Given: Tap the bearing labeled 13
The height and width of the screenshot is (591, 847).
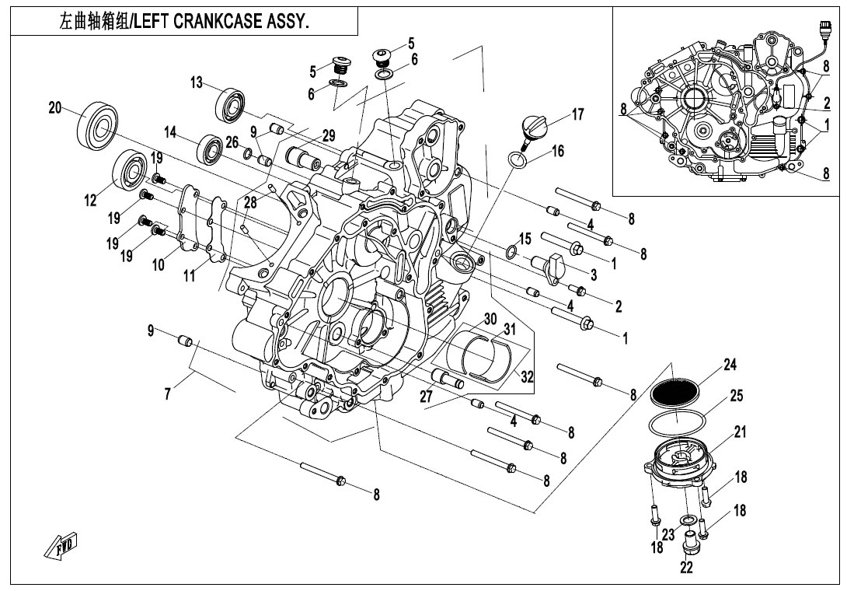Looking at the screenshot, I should [231, 104].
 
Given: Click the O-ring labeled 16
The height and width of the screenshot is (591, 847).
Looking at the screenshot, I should [518, 162].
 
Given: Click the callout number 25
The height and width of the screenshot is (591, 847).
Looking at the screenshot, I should [736, 396].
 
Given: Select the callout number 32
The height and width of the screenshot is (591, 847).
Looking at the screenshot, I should [528, 377].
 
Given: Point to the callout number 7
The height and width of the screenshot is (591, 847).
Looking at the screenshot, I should [167, 395].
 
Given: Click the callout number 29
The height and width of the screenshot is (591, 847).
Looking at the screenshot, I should [328, 135].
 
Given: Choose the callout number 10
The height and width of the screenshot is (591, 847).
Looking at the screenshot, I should [159, 264].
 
